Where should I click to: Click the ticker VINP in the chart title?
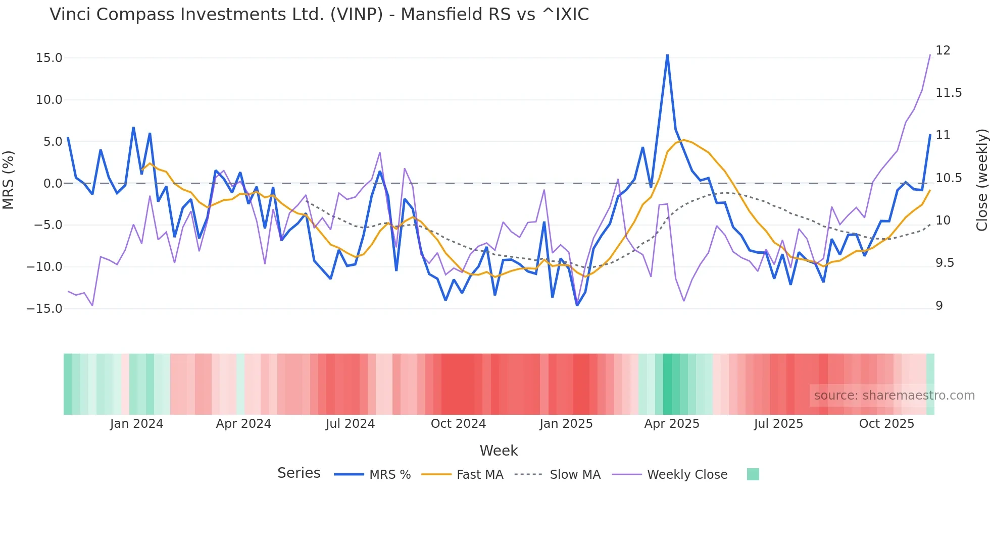[357, 15]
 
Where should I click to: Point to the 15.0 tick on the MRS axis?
[49, 58]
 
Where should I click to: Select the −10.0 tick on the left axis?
[45, 267]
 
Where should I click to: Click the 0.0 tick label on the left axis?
[53, 184]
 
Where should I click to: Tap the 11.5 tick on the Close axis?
[949, 93]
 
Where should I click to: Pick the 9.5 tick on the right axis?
[945, 263]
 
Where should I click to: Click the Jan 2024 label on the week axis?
[136, 424]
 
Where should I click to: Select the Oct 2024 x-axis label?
[458, 424]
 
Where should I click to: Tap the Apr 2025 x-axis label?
[671, 424]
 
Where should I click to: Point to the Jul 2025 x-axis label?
[778, 424]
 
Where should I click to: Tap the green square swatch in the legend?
[753, 474]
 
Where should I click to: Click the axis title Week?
[499, 451]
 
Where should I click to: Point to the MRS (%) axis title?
[9, 180]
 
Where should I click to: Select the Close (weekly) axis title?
[981, 180]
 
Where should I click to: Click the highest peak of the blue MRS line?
[667, 55]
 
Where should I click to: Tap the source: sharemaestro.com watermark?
[894, 396]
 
